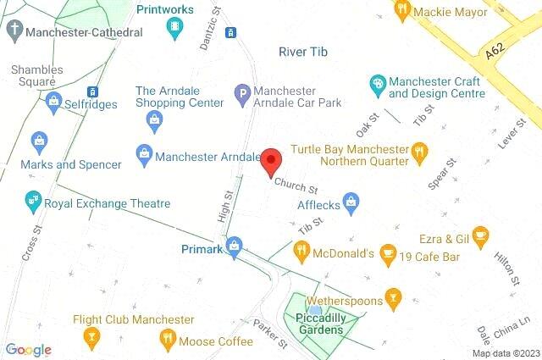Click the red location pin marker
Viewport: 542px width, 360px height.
pyautogui.click(x=270, y=162)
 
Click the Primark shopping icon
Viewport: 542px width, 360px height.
pyautogui.click(x=235, y=248)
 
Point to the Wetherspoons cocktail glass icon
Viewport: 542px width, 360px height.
pyautogui.click(x=392, y=297)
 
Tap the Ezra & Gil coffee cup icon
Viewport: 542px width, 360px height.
pyautogui.click(x=480, y=235)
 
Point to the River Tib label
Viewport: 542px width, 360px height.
pyautogui.click(x=303, y=53)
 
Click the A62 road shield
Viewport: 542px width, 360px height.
pyautogui.click(x=496, y=53)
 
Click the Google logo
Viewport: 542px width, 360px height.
pyautogui.click(x=28, y=350)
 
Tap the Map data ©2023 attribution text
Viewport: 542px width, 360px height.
pyautogui.click(x=505, y=353)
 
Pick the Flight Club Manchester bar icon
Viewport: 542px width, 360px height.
pyautogui.click(x=91, y=339)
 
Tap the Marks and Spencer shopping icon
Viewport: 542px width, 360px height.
pyautogui.click(x=38, y=141)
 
